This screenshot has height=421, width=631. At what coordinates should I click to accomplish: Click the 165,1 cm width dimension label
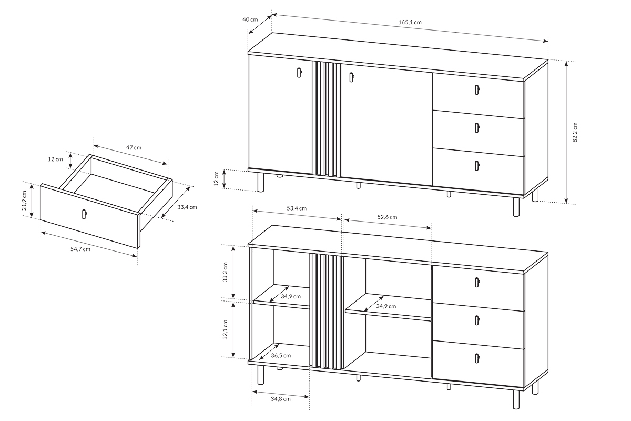[x=410, y=22]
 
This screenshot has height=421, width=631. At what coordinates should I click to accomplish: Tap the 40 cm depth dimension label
[x=250, y=19]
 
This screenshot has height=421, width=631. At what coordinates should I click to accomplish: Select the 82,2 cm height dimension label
[x=575, y=132]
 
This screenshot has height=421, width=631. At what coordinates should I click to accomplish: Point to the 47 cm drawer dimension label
[x=134, y=147]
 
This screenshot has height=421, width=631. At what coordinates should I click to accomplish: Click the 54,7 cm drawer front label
[x=80, y=249]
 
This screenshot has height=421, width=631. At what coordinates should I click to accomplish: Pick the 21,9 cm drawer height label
[x=24, y=201]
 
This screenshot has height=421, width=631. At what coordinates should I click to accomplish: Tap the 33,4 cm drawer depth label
[x=187, y=207]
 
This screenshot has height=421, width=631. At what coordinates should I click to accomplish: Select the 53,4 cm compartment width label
[x=297, y=208]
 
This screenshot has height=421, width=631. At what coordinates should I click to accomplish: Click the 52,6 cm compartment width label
[x=388, y=217]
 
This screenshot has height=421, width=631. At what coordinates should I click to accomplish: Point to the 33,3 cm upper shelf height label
[x=225, y=272]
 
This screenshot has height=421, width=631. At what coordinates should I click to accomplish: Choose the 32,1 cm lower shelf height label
[x=225, y=329]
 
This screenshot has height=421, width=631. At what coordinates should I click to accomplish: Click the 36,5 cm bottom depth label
[x=281, y=356]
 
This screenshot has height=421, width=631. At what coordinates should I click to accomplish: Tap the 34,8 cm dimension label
[x=281, y=399]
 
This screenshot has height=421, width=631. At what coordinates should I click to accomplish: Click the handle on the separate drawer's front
[x=84, y=214]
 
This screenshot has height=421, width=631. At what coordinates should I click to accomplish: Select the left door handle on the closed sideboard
[x=299, y=73]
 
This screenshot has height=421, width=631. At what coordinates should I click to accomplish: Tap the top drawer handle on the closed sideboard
[x=477, y=90]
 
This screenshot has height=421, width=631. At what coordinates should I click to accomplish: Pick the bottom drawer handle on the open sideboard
[x=476, y=358]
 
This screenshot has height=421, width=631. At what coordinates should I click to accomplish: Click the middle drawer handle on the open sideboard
[x=476, y=320]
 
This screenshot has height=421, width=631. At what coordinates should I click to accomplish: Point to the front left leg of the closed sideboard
[x=261, y=182]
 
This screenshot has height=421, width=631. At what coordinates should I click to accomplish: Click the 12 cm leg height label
[x=216, y=178]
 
